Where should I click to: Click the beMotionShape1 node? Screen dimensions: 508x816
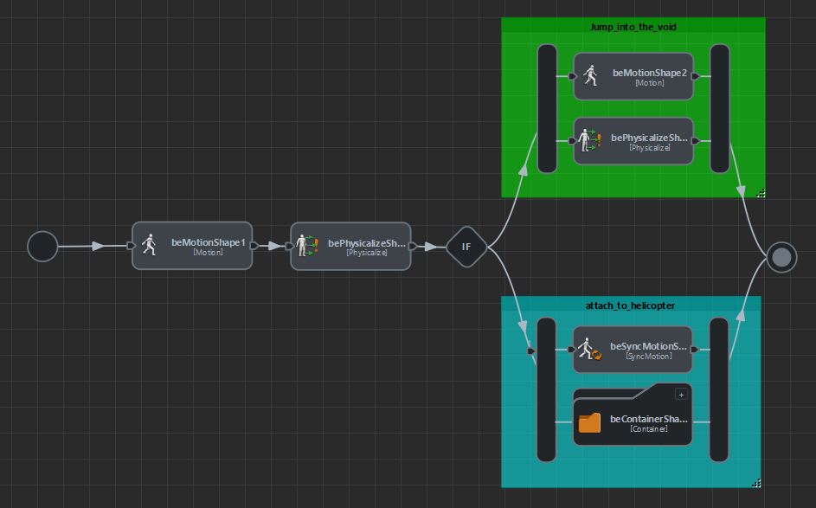[x=192, y=246]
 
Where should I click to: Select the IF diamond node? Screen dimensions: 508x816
[x=466, y=247]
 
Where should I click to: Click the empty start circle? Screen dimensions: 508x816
[x=42, y=247]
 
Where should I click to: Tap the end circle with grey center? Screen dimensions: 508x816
[x=781, y=256]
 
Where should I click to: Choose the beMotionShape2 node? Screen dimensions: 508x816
[x=633, y=76]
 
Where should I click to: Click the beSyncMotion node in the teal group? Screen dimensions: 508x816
[x=633, y=349]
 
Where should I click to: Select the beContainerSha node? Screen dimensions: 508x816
[x=633, y=422]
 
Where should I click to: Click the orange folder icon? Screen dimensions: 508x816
[x=589, y=422]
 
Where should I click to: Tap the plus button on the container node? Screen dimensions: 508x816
[x=681, y=395]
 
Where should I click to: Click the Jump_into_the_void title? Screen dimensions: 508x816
[x=633, y=27]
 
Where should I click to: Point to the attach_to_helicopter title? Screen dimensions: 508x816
[x=631, y=305]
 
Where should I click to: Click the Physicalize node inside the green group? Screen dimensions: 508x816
[x=633, y=141]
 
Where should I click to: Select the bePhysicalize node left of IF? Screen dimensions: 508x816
[x=350, y=246]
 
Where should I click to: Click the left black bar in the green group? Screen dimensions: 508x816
[x=547, y=108]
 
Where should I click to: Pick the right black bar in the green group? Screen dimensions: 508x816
[x=720, y=108]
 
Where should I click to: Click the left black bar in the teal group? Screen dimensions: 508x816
[x=546, y=389]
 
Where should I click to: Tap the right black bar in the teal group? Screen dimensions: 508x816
[x=719, y=389]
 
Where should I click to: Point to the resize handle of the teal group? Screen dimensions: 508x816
[x=756, y=483]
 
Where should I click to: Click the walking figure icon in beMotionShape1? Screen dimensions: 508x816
[x=149, y=245]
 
